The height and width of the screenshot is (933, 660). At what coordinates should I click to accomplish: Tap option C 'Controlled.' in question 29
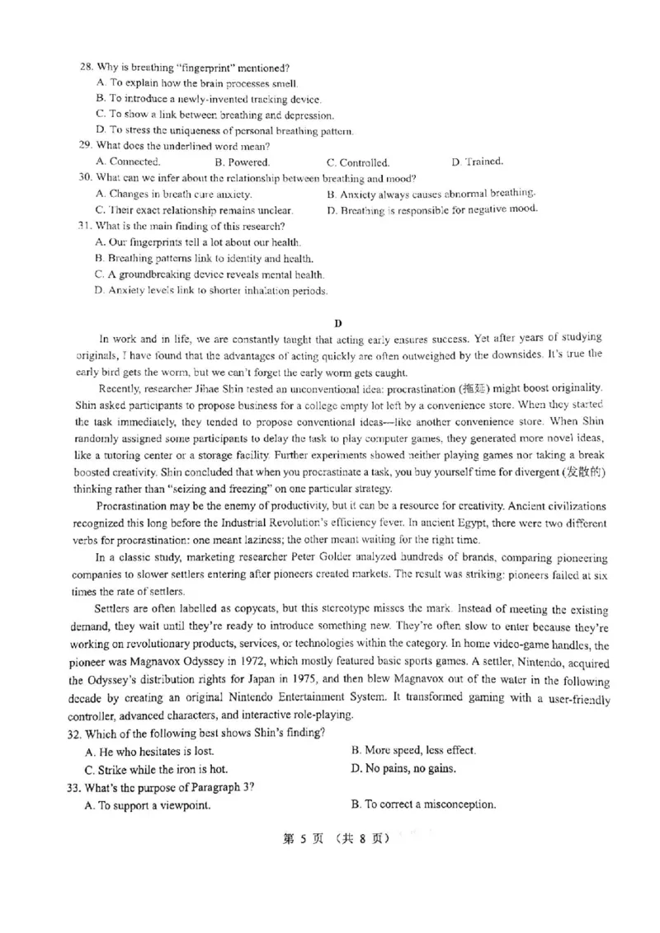point(358,162)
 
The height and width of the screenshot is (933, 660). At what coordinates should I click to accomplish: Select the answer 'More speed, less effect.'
point(413,751)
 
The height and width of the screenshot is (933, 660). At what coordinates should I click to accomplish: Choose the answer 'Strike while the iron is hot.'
point(157,769)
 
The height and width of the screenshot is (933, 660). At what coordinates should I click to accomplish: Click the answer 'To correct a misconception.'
point(423,804)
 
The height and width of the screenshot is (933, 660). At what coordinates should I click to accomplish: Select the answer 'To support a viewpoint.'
point(148,805)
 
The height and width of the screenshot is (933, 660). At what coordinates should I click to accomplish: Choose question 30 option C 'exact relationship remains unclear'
point(194,209)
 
